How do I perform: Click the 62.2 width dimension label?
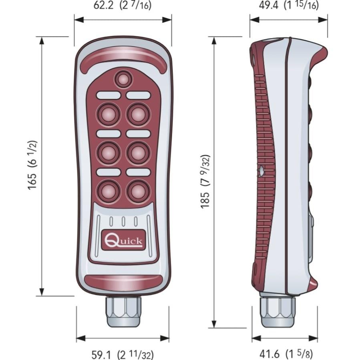122,6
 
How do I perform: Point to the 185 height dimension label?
205,181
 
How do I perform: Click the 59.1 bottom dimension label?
122,354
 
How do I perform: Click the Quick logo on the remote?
123,240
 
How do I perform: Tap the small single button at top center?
123,79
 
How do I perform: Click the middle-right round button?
138,153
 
